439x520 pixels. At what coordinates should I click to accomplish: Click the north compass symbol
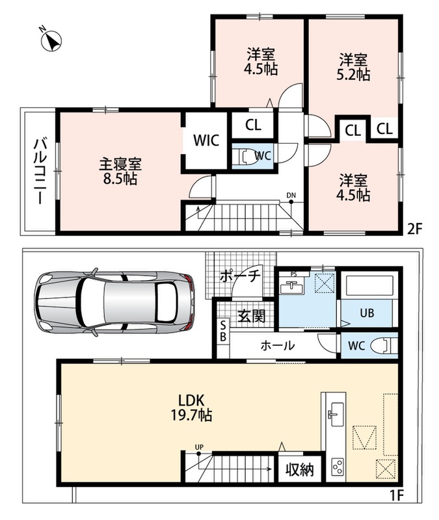click(51, 41)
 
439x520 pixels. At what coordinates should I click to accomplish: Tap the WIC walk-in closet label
click(206, 140)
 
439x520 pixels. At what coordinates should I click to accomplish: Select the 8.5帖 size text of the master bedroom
click(120, 179)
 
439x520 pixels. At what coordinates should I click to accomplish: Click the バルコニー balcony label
click(40, 172)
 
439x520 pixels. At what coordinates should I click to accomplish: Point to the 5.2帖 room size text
click(353, 75)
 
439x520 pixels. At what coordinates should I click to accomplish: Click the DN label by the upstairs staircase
click(291, 196)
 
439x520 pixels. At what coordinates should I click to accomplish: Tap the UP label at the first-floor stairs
click(199, 447)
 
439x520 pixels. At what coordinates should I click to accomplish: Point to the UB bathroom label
click(367, 313)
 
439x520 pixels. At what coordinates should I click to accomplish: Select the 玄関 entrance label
click(252, 317)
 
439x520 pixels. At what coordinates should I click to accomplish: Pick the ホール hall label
click(278, 346)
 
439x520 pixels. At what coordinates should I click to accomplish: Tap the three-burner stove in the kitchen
click(338, 467)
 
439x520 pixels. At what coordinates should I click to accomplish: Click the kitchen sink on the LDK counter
click(338, 415)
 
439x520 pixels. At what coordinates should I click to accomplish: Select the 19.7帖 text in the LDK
click(191, 415)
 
